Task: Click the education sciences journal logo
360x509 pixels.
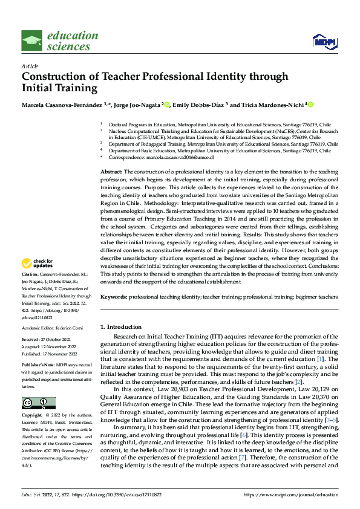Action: click(x=59, y=41)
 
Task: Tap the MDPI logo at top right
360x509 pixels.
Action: click(x=324, y=41)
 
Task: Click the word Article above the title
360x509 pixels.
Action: click(x=30, y=66)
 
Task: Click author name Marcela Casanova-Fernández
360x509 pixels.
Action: click(x=62, y=105)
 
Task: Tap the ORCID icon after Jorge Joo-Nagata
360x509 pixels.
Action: click(x=167, y=105)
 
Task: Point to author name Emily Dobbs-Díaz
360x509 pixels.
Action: click(x=198, y=105)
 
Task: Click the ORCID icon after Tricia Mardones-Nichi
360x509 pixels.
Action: click(x=311, y=105)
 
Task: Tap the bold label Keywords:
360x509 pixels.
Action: click(x=114, y=297)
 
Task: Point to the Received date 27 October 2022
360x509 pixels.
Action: click(x=61, y=340)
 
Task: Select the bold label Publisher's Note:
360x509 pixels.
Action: click(x=37, y=365)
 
